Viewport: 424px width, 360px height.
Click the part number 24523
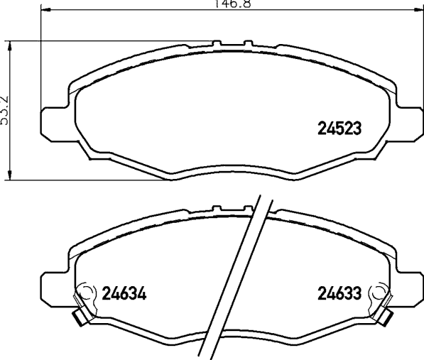[339, 128]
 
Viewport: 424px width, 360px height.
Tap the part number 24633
[339, 293]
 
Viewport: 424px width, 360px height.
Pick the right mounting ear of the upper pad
[408, 122]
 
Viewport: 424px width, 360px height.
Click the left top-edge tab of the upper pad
[216, 44]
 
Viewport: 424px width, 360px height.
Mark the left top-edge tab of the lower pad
[216, 208]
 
